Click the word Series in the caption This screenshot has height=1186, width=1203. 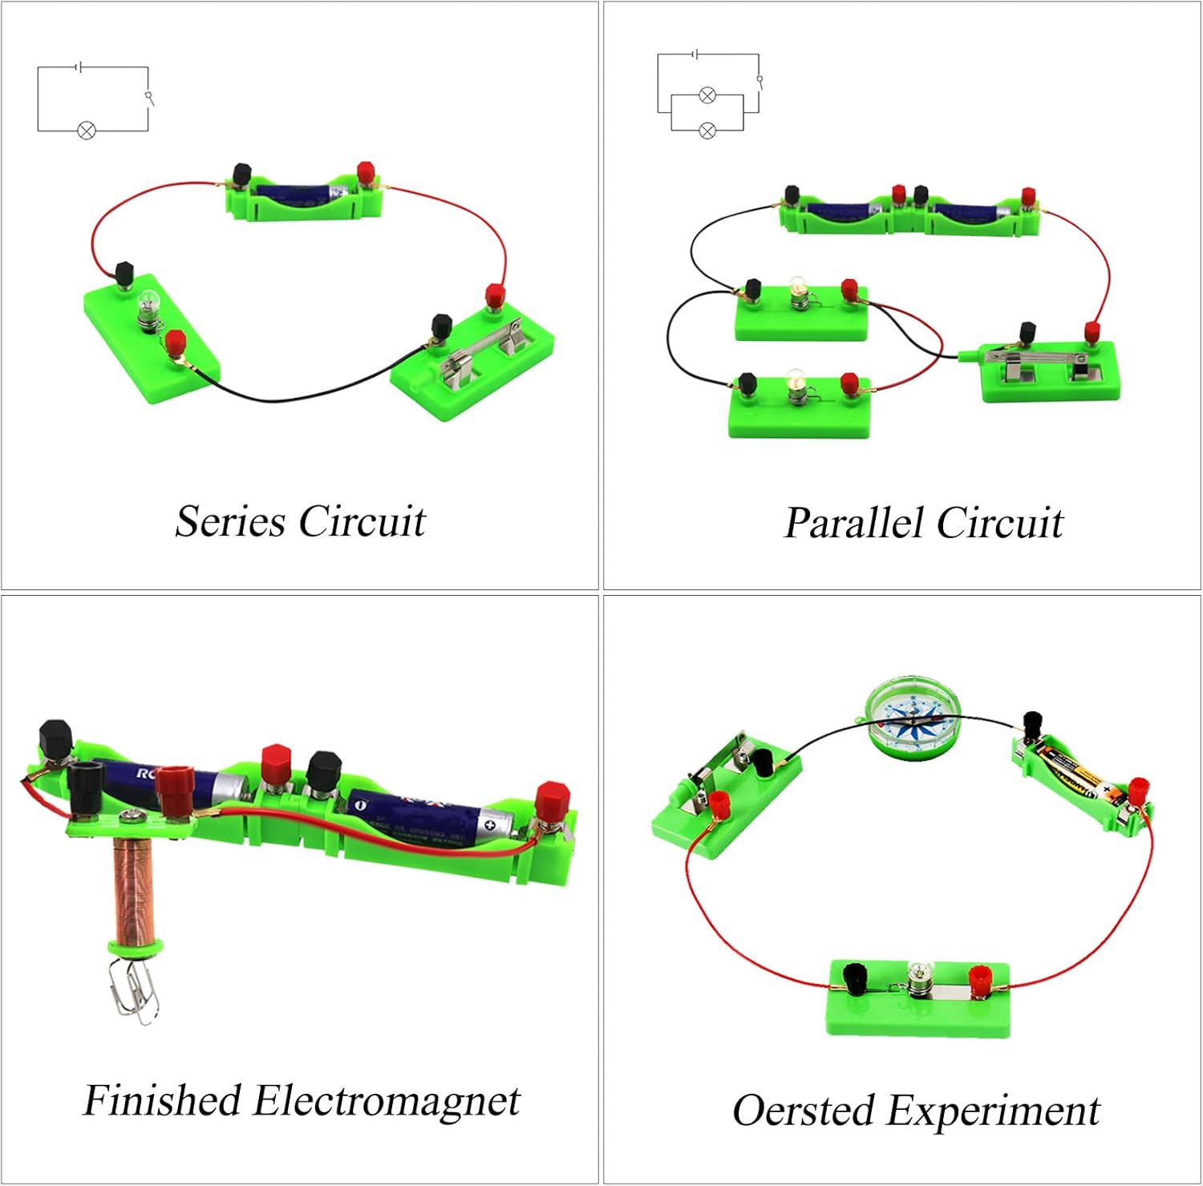229,521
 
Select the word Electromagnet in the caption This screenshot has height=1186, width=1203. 386,1100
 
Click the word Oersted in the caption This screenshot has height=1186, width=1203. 803,1111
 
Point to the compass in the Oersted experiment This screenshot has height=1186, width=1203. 913,718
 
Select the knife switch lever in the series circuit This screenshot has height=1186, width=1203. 481,345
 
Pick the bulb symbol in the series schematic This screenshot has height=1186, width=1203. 87,130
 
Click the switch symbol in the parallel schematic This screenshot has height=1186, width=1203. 759,80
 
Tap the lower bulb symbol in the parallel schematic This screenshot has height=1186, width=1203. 707,130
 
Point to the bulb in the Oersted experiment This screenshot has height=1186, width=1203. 917,975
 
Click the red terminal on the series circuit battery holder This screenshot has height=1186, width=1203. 366,172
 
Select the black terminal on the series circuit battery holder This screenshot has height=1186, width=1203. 241,175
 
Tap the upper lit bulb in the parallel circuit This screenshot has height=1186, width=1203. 798,287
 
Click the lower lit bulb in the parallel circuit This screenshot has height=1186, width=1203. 796,381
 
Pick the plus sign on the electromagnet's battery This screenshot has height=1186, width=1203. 489,824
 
